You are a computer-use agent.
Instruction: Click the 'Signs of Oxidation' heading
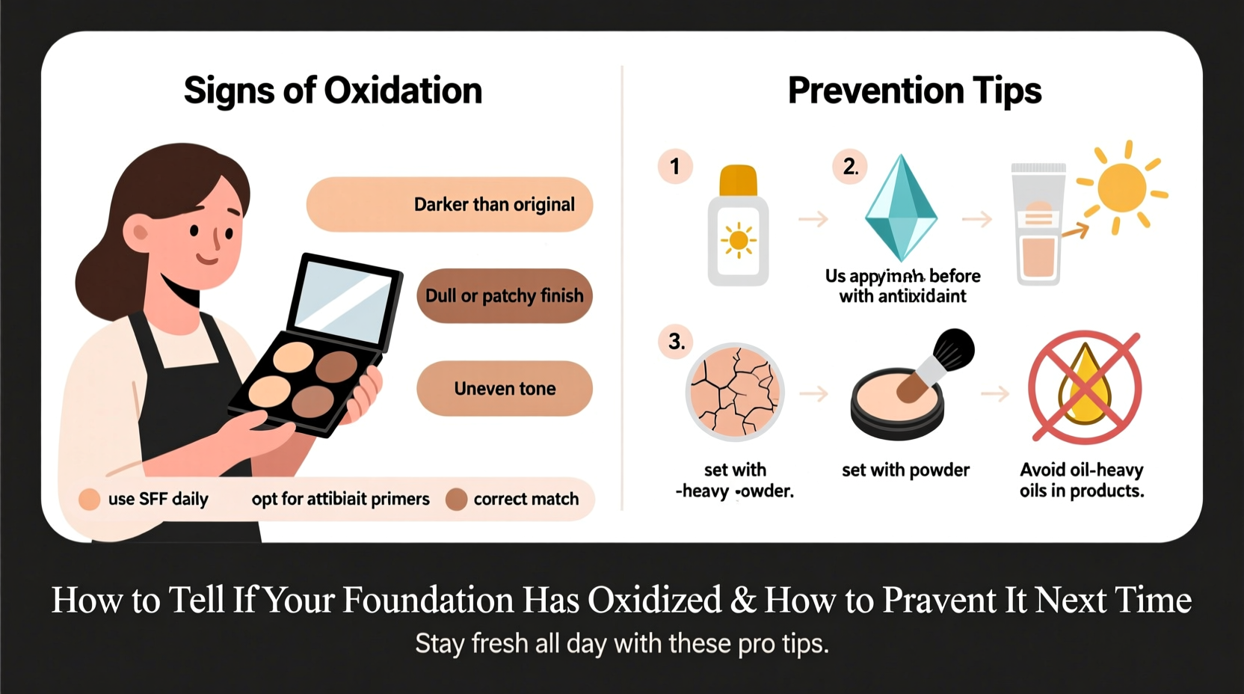[333, 90]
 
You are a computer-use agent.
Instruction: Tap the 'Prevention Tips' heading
[914, 90]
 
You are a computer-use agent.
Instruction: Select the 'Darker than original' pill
[449, 204]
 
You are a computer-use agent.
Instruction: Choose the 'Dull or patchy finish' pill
[504, 296]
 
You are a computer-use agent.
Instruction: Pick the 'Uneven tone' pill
[505, 389]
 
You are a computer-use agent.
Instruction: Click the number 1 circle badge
[675, 166]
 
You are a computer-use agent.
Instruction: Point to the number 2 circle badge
[850, 166]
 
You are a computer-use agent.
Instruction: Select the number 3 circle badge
[676, 342]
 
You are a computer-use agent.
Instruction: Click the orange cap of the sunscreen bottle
[738, 179]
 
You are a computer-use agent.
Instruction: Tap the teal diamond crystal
[901, 209]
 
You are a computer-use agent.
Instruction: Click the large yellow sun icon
[1121, 187]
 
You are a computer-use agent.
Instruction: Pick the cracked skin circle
[734, 392]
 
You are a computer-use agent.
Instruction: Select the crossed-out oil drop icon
[1085, 388]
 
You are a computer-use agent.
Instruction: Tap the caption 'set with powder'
[905, 470]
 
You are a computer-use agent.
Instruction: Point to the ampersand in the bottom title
[743, 601]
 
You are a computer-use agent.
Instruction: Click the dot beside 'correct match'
[456, 499]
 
